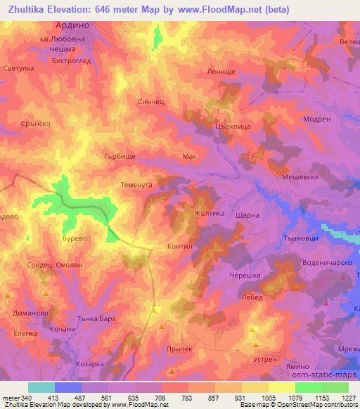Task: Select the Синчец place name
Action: click(150, 101)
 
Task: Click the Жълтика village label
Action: click(207, 211)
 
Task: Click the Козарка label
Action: click(90, 363)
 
